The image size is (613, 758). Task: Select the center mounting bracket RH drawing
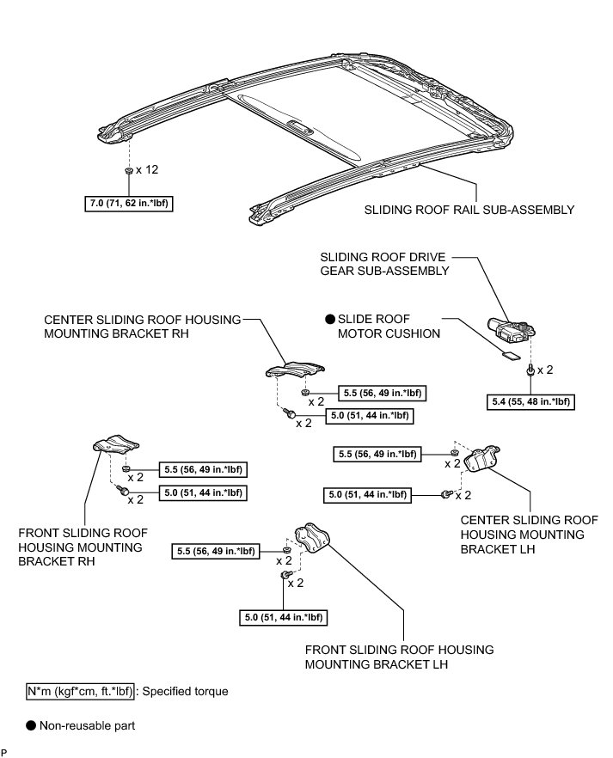coord(292,370)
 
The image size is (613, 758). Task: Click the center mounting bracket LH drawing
coord(483,459)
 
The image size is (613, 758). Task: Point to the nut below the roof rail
coord(127,171)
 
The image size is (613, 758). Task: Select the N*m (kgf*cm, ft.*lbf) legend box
coord(82,691)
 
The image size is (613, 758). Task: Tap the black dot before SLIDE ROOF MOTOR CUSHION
coord(330,318)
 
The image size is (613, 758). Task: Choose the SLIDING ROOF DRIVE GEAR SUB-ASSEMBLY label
coord(384,264)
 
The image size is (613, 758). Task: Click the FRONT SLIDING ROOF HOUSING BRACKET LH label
coord(399,657)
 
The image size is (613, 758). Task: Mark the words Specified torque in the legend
coord(186,691)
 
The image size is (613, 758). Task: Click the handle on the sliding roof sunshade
coord(298,128)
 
